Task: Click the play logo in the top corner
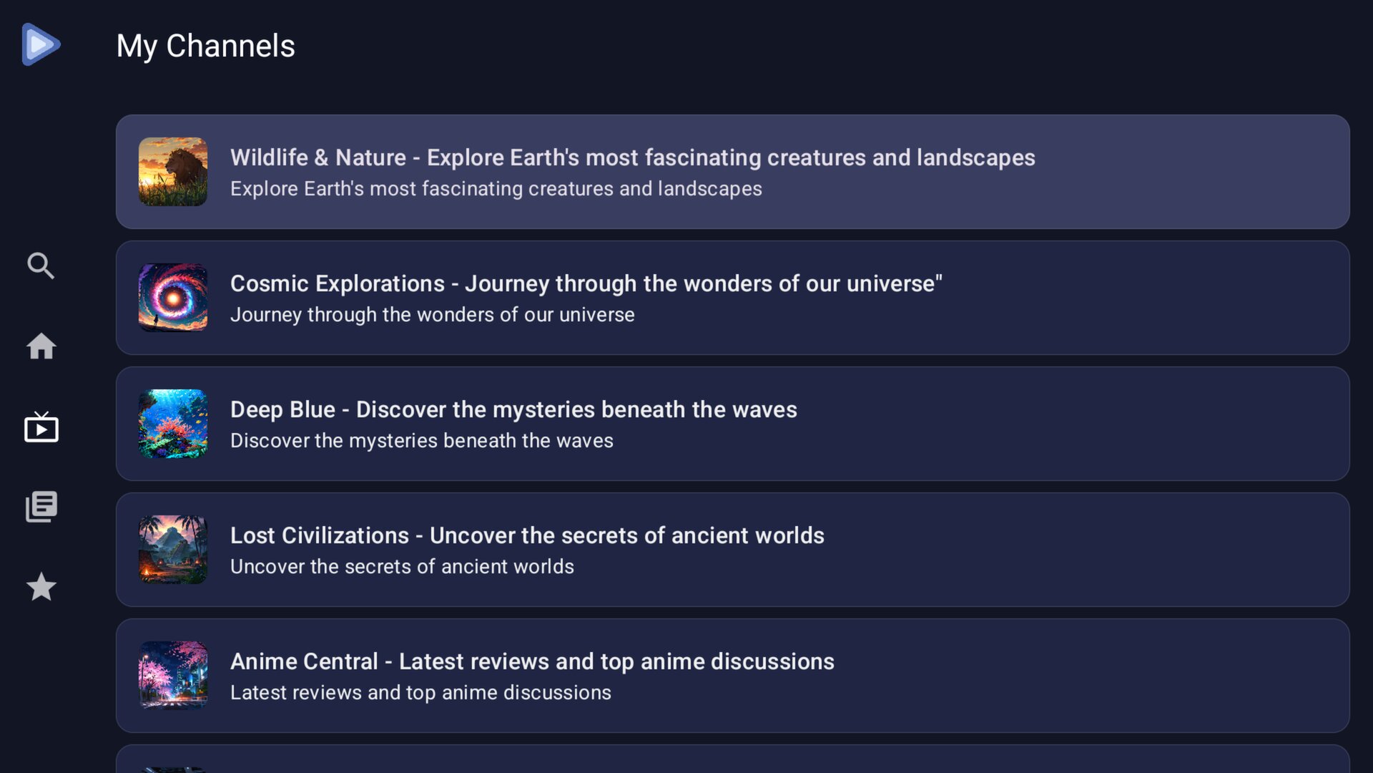[x=41, y=44]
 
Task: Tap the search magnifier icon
[x=41, y=266]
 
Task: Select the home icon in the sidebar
[x=41, y=346]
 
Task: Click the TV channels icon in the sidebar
[x=41, y=427]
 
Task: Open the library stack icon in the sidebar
[x=41, y=507]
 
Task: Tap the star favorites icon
[x=41, y=587]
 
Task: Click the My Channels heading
[x=206, y=47]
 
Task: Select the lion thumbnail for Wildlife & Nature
[x=173, y=172]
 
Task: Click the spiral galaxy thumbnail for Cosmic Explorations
[x=173, y=298]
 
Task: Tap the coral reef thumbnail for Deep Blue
[x=173, y=424]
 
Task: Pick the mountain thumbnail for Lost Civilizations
[x=173, y=550]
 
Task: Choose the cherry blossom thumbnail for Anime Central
[x=173, y=676]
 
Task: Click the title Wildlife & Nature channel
[x=633, y=157]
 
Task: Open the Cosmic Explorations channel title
[x=586, y=283]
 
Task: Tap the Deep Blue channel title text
[x=513, y=409]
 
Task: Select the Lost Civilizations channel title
[x=527, y=535]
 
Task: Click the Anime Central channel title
[x=532, y=661]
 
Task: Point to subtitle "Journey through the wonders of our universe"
[x=433, y=315]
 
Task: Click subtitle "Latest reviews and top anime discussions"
[x=420, y=693]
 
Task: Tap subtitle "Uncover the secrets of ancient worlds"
[x=402, y=567]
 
